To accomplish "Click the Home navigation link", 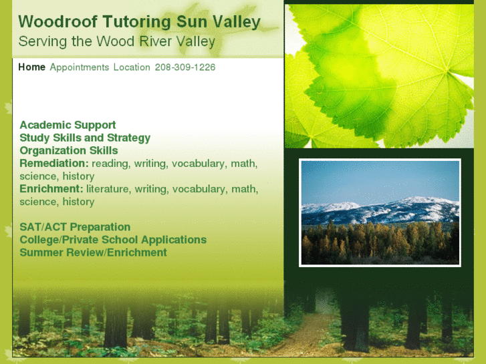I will [x=31, y=67].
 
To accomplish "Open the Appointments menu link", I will [x=79, y=67].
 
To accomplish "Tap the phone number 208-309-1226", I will [x=185, y=67].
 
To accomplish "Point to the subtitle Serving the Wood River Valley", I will [x=116, y=41].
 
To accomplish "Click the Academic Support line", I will [x=68, y=125].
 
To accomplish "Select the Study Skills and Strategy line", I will [x=85, y=138].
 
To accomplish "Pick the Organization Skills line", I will [x=69, y=150].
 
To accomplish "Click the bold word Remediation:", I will [x=54, y=163].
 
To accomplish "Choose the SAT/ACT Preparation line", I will [x=75, y=227].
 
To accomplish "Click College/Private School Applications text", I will [x=113, y=240].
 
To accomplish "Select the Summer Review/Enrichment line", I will [x=93, y=252].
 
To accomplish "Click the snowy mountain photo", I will [x=380, y=212].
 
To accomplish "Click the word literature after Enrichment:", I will [x=108, y=189].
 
